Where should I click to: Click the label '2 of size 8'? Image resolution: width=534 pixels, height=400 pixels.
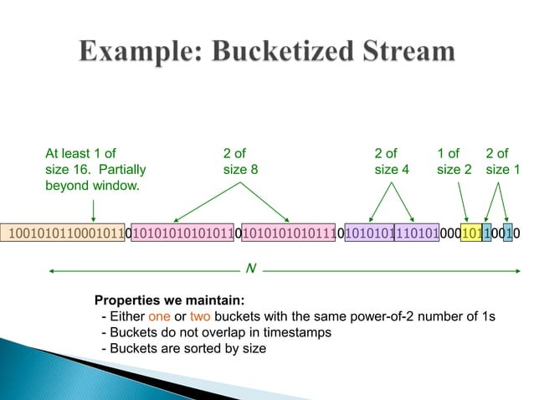coord(240,161)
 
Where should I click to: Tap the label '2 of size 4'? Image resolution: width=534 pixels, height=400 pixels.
coord(391,161)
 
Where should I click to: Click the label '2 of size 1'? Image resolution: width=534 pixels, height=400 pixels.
coord(502,161)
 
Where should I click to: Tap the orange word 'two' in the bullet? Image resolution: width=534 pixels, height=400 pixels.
coord(201,315)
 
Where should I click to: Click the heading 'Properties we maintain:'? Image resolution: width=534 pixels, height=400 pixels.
coord(169,300)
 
